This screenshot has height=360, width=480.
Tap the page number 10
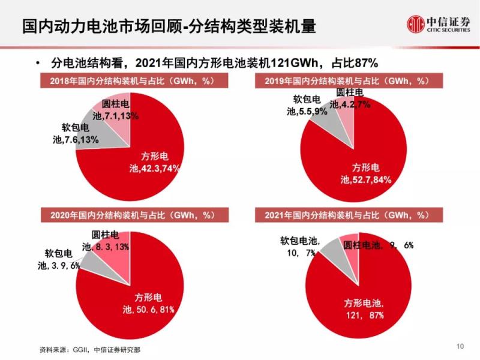(x=460, y=346)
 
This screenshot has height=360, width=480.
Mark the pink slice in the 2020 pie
(x=114, y=248)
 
